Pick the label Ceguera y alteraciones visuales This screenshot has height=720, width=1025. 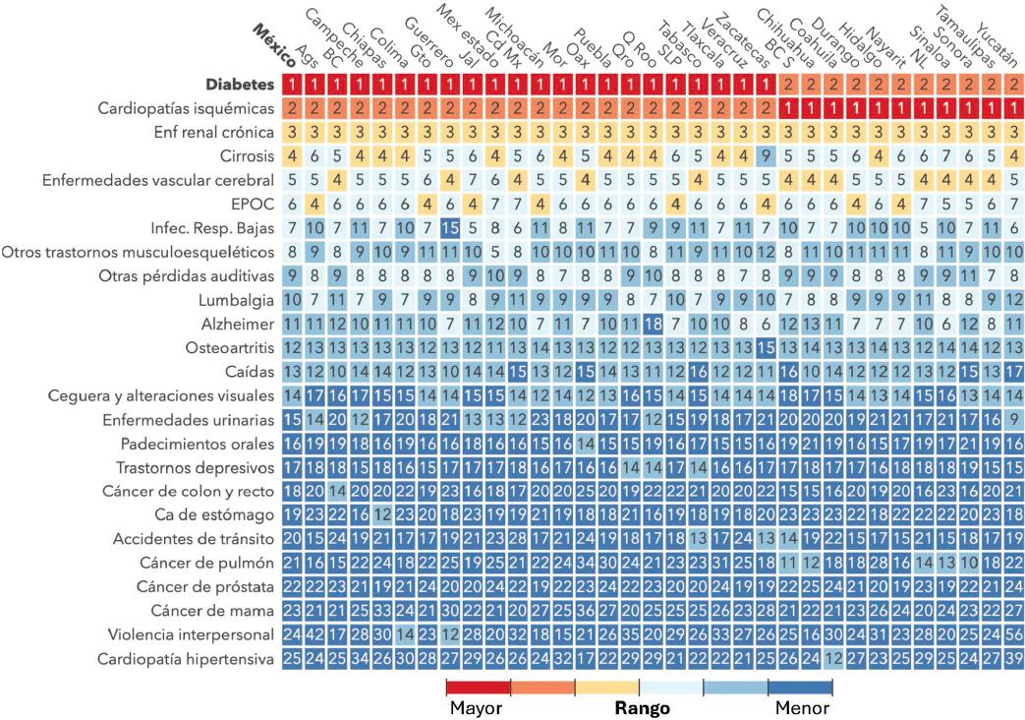(161, 394)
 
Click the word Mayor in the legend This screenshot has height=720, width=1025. (477, 706)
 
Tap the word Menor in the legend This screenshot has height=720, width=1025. (801, 706)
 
